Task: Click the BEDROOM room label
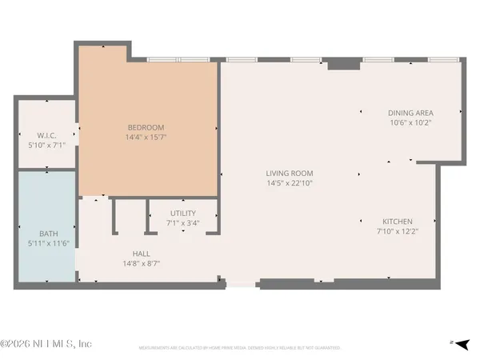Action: coord(146,127)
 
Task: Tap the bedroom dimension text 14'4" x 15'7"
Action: coord(146,137)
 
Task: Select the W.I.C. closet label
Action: coord(45,134)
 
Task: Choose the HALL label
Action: coord(141,254)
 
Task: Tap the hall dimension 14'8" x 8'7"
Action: coord(141,263)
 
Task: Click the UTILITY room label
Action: coord(183,214)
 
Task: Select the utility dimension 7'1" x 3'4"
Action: coord(183,223)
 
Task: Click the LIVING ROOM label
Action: coord(290,174)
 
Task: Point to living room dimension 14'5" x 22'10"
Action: coord(290,183)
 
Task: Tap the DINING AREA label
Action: coord(410,114)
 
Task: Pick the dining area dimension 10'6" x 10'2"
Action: coord(410,123)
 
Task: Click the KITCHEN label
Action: coord(397,222)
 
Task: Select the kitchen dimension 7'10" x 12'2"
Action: coord(397,231)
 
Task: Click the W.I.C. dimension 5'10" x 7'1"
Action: coord(45,144)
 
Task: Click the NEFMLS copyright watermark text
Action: coord(46,344)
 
